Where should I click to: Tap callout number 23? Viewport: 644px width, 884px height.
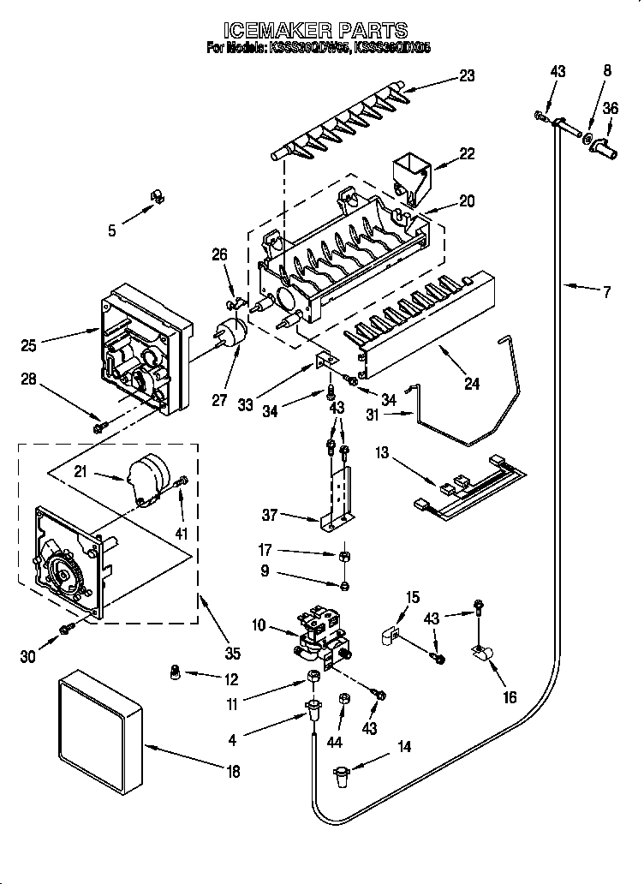[466, 76]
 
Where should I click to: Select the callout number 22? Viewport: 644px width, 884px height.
[466, 153]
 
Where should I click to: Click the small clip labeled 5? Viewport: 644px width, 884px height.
[155, 197]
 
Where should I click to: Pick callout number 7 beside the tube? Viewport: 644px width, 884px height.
[606, 292]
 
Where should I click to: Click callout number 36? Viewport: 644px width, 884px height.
[611, 108]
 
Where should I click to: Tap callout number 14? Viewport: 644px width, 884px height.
[402, 748]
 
